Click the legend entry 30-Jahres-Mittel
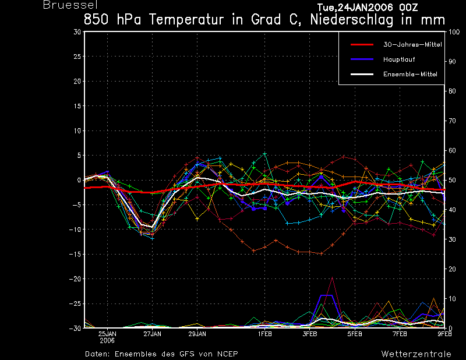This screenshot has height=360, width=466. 412,45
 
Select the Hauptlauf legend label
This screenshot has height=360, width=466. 399,59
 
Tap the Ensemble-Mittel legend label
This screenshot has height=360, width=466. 410,75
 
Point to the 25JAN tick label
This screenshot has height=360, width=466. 107,334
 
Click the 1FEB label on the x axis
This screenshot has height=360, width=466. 265,334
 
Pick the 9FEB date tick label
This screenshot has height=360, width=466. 444,334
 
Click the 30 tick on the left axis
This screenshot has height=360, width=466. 77,31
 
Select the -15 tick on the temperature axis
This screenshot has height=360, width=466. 75,254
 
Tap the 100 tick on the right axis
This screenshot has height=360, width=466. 454,32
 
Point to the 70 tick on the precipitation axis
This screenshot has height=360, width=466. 452,121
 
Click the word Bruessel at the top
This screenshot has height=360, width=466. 70,5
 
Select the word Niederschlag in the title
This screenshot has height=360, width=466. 352,20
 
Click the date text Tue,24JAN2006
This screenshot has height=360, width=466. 355,7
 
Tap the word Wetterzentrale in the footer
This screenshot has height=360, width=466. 416,354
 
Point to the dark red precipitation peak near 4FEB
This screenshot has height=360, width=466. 332,277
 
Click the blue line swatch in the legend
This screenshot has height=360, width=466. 362,59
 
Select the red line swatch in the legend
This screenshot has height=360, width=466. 362,45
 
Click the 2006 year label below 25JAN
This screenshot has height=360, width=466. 107,341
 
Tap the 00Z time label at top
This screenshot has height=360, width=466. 409,7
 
